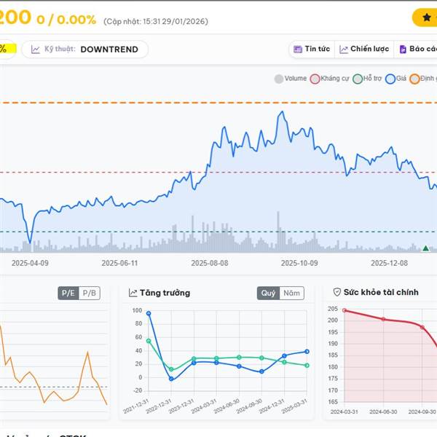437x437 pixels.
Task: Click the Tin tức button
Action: click(311, 50)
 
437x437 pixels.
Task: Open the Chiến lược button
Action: click(364, 50)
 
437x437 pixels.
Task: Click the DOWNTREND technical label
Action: click(109, 50)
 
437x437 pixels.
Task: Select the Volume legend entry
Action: click(291, 79)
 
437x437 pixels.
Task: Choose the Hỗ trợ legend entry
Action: click(368, 79)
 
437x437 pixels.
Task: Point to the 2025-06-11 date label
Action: click(119, 264)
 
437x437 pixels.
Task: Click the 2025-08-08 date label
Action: click(210, 264)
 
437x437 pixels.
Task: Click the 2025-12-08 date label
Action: click(390, 264)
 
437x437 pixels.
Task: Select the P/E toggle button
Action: click(68, 293)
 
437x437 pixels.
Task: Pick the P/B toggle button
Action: click(90, 293)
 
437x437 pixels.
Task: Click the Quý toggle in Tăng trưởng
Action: click(268, 293)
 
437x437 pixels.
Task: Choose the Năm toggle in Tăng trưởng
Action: click(291, 293)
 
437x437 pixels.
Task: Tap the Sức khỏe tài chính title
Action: click(380, 293)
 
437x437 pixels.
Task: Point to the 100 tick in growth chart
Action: click(137, 310)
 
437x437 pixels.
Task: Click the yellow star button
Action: click(426, 17)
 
